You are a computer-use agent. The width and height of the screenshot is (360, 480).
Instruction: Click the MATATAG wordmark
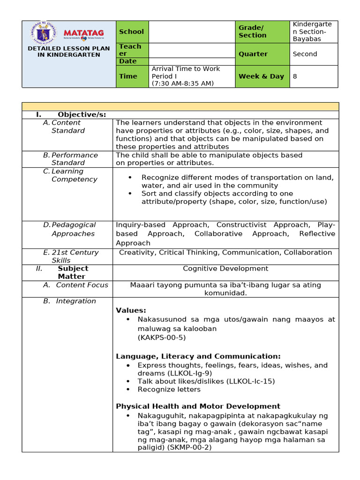click(86, 33)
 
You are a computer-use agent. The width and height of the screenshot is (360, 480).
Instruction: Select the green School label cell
click(132, 32)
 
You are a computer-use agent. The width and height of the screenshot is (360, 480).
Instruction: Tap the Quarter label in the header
click(253, 54)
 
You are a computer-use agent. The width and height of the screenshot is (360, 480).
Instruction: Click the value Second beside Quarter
click(305, 54)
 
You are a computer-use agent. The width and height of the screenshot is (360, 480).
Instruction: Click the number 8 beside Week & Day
click(295, 76)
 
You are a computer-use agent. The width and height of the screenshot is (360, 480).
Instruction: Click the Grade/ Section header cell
click(253, 31)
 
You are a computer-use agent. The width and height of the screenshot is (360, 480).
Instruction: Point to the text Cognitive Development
click(225, 269)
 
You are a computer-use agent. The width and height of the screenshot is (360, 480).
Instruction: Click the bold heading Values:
click(131, 310)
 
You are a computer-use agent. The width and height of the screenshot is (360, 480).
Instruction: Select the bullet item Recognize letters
click(169, 390)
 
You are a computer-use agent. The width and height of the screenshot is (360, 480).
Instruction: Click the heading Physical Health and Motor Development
click(198, 406)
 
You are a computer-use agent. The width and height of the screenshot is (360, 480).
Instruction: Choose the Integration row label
click(75, 301)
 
